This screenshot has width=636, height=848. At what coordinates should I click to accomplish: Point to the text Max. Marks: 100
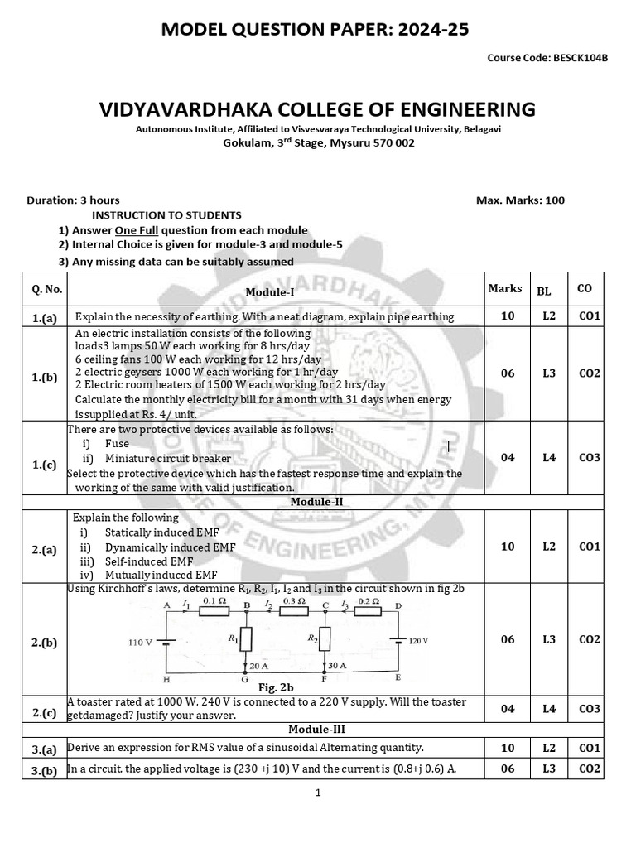[x=520, y=200]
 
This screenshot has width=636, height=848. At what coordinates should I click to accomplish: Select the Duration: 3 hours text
[x=74, y=200]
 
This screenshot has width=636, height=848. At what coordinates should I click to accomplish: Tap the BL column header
[x=544, y=291]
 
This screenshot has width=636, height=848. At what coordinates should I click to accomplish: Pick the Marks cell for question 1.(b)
[x=508, y=373]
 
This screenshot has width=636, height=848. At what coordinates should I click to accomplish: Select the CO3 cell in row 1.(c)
[x=589, y=457]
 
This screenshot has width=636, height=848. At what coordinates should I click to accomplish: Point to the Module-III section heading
[x=311, y=730]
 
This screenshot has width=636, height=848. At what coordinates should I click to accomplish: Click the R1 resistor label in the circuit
[x=234, y=638]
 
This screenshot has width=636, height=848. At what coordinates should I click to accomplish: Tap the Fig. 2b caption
[x=276, y=687]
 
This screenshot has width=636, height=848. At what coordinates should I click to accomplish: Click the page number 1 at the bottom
[x=317, y=793]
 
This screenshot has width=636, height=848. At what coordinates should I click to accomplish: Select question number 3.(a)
[x=44, y=749]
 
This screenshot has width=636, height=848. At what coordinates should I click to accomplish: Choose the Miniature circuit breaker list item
[x=168, y=458]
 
